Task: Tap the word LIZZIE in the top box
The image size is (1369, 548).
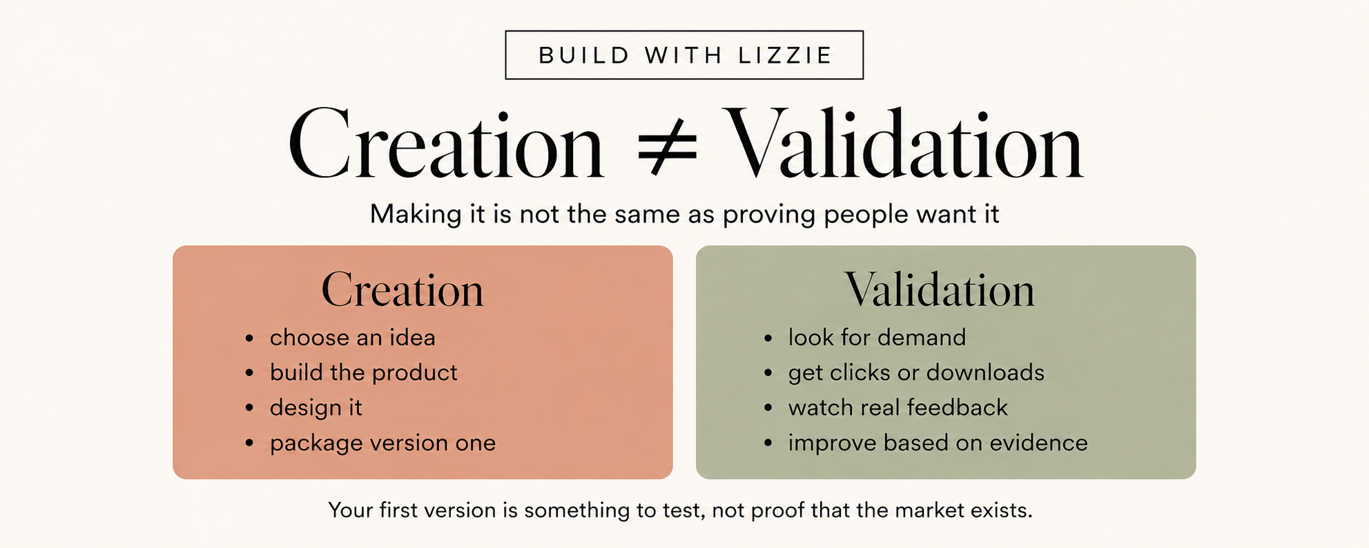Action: [x=786, y=55]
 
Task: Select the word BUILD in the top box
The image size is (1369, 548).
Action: [x=584, y=55]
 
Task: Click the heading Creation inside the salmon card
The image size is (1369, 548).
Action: [x=402, y=290]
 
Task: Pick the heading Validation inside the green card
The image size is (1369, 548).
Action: [x=940, y=290]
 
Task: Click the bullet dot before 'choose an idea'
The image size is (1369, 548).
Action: [x=249, y=338]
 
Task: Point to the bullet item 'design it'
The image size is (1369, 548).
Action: [x=315, y=408]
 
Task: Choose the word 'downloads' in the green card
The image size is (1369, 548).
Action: [x=985, y=372]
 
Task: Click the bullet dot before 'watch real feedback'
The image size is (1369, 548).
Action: [x=768, y=408]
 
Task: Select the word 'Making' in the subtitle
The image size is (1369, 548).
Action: [x=416, y=215]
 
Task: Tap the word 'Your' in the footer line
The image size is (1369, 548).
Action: [x=350, y=511]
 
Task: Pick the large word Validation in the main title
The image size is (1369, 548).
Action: [x=906, y=144]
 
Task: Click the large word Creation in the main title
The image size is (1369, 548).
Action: [x=446, y=144]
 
